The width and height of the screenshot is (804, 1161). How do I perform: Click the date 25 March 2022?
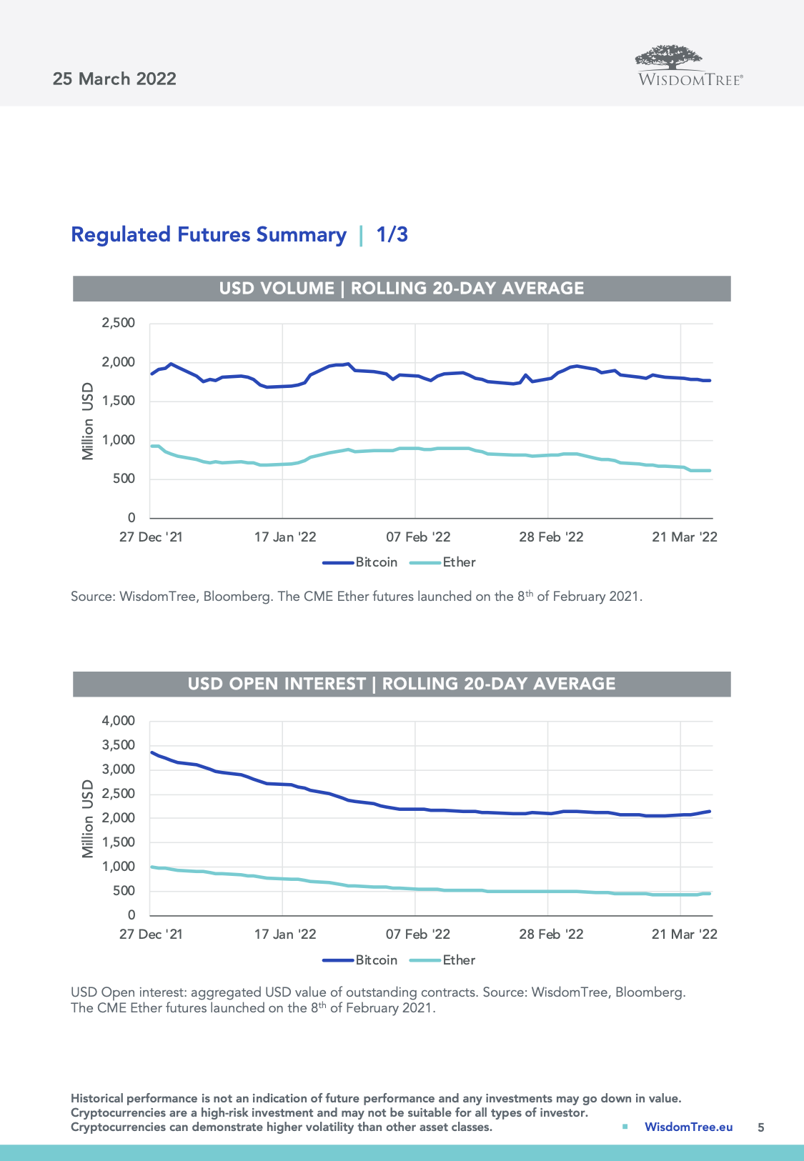coord(114,79)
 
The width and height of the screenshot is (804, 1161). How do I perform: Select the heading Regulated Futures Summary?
coord(209,234)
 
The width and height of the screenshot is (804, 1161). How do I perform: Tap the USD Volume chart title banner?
coord(402,288)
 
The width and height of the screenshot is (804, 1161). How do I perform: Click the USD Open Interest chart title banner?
coord(402,684)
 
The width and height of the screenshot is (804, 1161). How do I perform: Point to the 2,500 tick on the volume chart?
coord(119,323)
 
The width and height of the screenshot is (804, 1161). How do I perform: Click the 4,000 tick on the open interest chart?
coord(119,721)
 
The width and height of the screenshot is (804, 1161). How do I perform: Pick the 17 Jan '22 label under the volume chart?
coord(285,537)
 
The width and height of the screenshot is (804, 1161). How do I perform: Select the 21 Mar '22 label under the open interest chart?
coord(684,935)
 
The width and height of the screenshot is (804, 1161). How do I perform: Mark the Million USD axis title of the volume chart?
coord(88,422)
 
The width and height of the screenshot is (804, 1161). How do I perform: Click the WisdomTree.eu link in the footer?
coord(688,1127)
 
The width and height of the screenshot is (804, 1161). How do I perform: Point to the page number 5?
coord(761,1127)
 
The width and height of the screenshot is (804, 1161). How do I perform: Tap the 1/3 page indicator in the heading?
coord(392,234)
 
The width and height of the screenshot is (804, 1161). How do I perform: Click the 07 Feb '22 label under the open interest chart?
coord(418,935)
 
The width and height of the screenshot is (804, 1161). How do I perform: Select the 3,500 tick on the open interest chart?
coord(119,745)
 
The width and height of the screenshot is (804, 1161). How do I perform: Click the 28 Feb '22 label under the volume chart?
coord(551,537)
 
